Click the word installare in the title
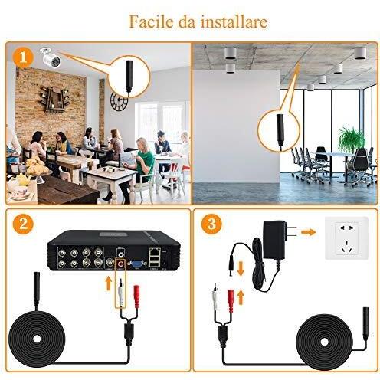coord(234,21)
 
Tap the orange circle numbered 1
coord(23,57)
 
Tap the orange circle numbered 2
coord(23,224)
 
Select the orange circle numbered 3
coord(211,224)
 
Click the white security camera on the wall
coord(51,57)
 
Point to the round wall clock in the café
coord(119,101)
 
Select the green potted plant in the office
coord(352,140)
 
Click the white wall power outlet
coord(346,238)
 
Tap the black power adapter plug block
coord(275,239)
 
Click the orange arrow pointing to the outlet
coord(309,232)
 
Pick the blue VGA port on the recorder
coord(137,264)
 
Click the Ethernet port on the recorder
coord(154,252)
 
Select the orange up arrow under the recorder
coord(109,283)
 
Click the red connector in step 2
coord(137,296)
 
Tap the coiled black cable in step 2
coord(37,339)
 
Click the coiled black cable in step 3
coord(325,342)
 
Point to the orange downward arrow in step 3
coord(241,269)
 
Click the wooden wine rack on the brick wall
coord(54,99)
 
